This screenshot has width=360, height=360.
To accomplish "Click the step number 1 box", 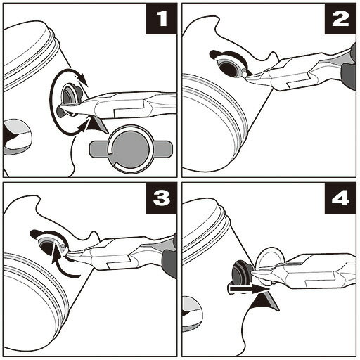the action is tap(161, 19).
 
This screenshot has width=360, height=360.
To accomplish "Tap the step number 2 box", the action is tap(340, 19).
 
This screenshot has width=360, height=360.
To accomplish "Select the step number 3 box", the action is tap(161, 198).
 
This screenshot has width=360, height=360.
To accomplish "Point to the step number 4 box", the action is tap(340, 198).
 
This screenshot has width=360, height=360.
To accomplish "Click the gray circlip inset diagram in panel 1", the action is tap(131, 150).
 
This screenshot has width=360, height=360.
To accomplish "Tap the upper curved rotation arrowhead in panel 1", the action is tap(83, 79).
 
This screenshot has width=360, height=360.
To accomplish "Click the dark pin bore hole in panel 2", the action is tap(229, 68).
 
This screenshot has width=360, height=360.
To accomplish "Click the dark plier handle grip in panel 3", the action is tap(169, 262).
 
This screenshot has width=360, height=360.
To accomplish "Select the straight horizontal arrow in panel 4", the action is tap(248, 289).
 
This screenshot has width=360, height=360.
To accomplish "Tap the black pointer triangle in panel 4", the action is tap(265, 302).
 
